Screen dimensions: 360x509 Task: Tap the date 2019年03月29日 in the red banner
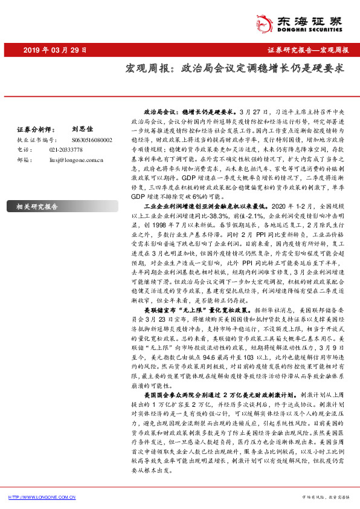coord(55,50)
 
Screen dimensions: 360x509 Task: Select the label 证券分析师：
coord(30,129)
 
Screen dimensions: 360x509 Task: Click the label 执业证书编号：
coord(34,138)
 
